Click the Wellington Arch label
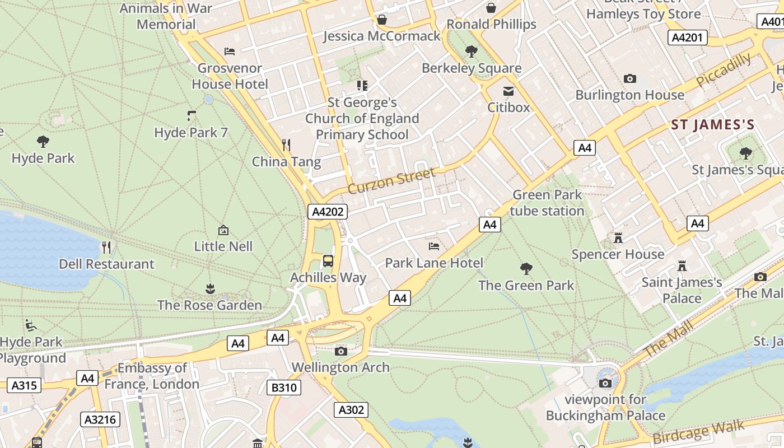(x=340, y=367)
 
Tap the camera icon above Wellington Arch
(x=340, y=352)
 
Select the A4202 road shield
(x=328, y=212)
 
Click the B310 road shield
(x=284, y=388)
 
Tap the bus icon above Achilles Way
(x=328, y=261)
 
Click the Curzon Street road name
(x=391, y=181)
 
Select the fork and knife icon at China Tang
(x=286, y=146)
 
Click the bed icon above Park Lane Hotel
(x=433, y=246)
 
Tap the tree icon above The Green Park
(x=526, y=269)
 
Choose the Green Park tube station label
(x=547, y=203)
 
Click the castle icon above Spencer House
(x=618, y=238)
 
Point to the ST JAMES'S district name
(x=713, y=125)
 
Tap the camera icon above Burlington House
(x=630, y=79)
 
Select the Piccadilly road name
(x=724, y=70)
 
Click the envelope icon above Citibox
(x=508, y=91)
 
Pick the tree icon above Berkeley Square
(x=472, y=52)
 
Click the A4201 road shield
(x=688, y=38)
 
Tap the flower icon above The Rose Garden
(x=210, y=289)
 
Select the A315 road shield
(x=24, y=385)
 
